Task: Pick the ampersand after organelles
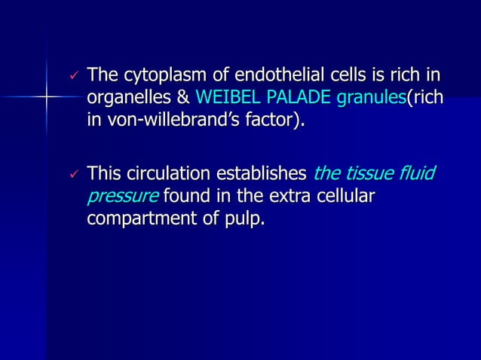[x=182, y=98]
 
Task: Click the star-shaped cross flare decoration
[x=46, y=97]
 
